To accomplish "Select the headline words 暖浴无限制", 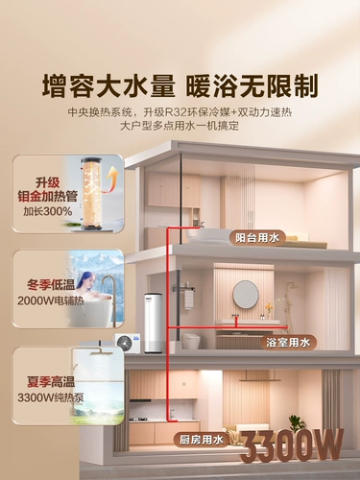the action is [252, 84].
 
